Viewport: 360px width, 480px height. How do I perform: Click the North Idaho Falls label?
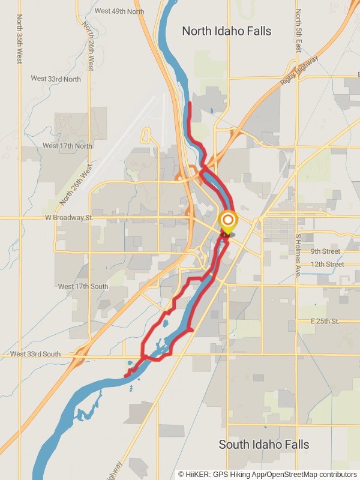pos(226,31)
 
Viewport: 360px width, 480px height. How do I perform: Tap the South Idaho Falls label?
pos(263,445)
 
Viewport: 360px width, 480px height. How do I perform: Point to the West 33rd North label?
pos(56,79)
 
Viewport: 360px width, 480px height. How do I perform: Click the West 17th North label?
pos(67,146)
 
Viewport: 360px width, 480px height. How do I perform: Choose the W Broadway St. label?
pos(69,218)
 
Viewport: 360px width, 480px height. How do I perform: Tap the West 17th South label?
pos(83,286)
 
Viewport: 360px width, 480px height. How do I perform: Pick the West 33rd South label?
pos(35,355)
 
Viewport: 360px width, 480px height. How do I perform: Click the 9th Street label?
pos(325,251)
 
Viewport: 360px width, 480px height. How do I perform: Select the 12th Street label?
pos(327,264)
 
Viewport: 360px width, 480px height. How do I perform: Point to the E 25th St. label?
pos(325,322)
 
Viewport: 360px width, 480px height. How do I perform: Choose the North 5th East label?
pos(297,31)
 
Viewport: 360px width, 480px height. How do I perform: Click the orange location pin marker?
pos(227,222)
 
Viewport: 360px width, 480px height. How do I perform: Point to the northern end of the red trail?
pos(190,104)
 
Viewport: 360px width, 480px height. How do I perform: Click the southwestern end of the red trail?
pos(126,376)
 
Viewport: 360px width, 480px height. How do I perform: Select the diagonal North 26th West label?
pos(77,185)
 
